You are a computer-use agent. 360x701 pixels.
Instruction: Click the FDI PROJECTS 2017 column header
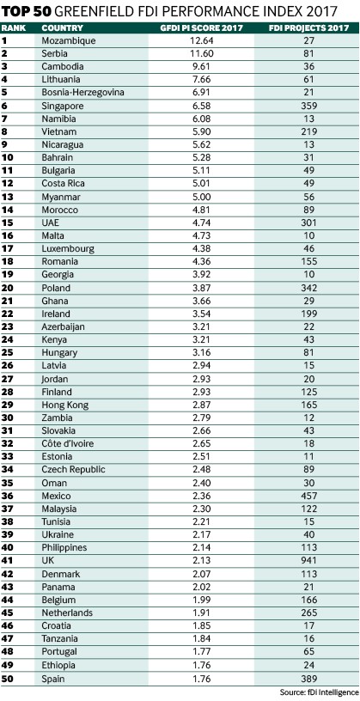click(308, 27)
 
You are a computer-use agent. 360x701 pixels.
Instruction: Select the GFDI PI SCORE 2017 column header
click(201, 27)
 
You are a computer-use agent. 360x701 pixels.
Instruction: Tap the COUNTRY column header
click(58, 27)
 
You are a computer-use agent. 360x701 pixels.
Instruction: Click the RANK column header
click(14, 27)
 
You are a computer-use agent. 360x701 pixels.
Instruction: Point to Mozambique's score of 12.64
click(201, 40)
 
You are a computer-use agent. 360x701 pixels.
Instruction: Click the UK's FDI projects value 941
click(308, 561)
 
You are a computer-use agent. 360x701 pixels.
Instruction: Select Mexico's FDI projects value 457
click(308, 496)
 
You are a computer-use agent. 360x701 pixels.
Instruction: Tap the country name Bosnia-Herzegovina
click(82, 93)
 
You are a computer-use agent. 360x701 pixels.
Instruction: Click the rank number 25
click(8, 352)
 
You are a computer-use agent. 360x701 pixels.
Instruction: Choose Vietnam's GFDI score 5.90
click(201, 132)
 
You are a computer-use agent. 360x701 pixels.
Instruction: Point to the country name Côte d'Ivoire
click(68, 443)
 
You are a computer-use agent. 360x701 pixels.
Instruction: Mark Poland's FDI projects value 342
click(308, 288)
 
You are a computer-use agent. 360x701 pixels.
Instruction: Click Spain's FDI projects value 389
click(308, 679)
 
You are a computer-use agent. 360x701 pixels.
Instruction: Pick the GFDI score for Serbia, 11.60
click(201, 53)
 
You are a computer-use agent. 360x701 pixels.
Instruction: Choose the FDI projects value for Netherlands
click(308, 613)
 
